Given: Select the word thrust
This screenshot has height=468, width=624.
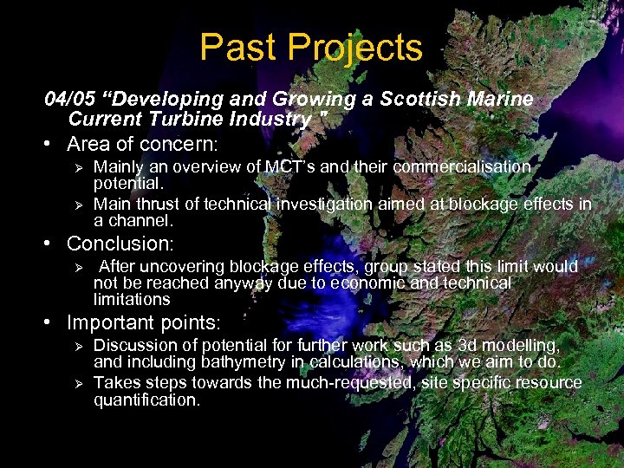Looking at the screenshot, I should click(159, 204).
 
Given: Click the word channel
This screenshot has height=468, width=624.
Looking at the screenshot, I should click(144, 220).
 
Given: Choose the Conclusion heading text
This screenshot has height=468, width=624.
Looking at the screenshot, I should click(120, 244).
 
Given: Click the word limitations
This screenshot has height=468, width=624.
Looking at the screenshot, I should click(132, 300).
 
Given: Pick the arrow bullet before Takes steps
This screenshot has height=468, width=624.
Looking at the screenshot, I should click(77, 382).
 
